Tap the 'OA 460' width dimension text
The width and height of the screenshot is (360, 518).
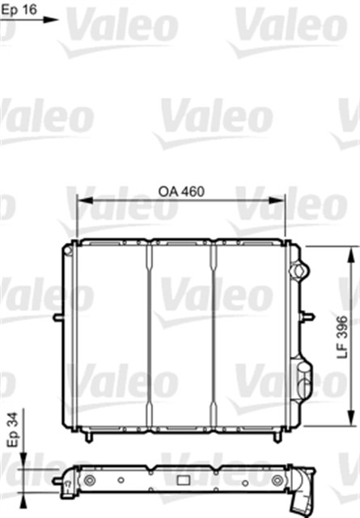[x=180, y=192]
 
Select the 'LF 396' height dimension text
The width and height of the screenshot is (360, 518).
[x=343, y=336]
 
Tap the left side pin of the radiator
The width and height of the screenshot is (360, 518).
[x=56, y=316]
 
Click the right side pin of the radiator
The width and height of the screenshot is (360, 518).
[x=309, y=316]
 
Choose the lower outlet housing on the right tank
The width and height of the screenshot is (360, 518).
[x=303, y=380]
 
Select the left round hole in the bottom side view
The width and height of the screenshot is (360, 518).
[x=88, y=482]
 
